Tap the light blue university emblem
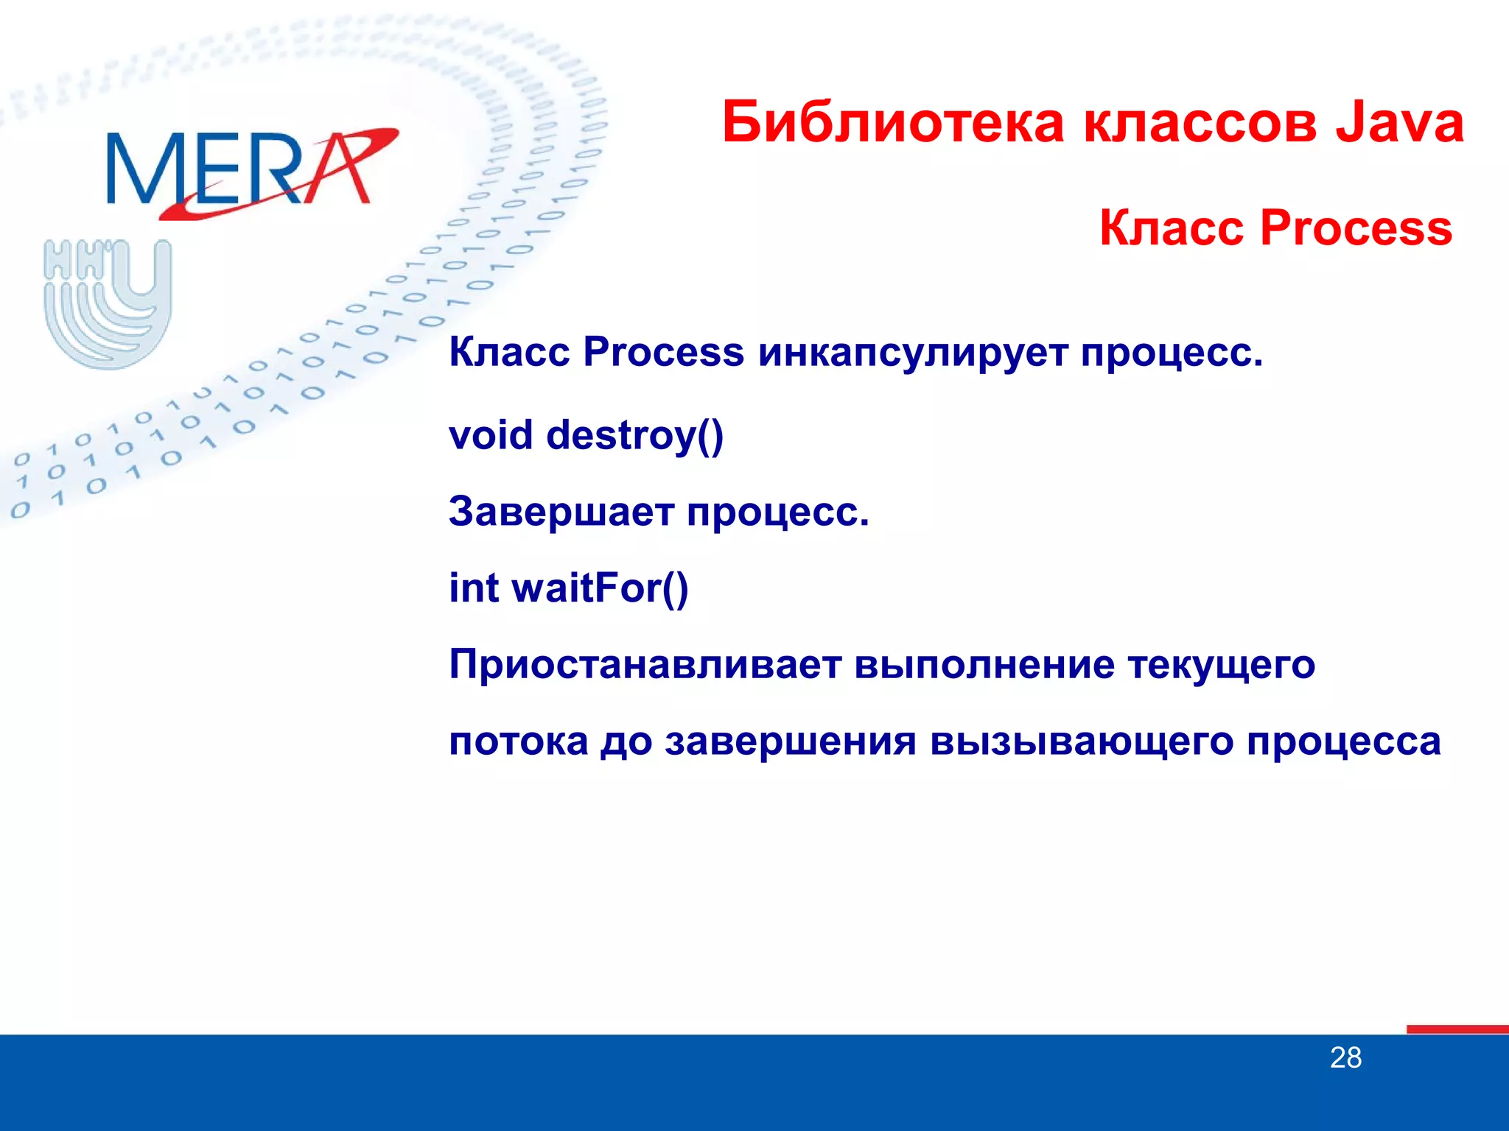pos(108,303)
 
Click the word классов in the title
pos(1200,124)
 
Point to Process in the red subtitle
pos(1356,228)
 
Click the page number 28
pos(1345,1058)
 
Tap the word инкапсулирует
pos(912,352)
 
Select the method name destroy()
pos(635,435)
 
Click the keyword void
pos(491,434)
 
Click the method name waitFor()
pos(600,588)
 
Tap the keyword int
pos(474,588)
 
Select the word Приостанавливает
pos(645,665)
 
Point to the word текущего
pos(1221,665)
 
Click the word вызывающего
pos(1082,741)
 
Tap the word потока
pos(519,741)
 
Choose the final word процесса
pos(1343,741)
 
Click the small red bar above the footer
pos(1457,1029)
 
